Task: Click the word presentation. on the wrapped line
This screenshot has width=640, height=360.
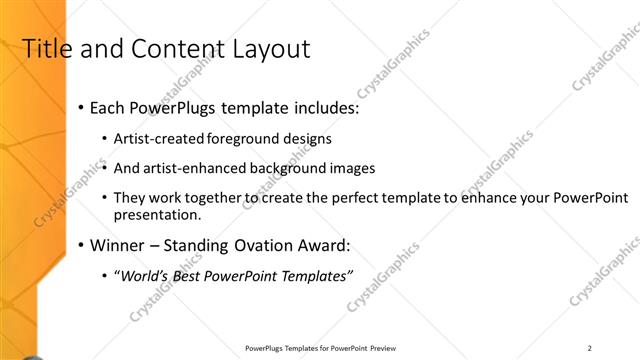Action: pos(158,215)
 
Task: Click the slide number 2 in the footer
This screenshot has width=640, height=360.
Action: pos(590,348)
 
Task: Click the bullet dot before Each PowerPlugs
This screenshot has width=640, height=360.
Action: pos(81,108)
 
